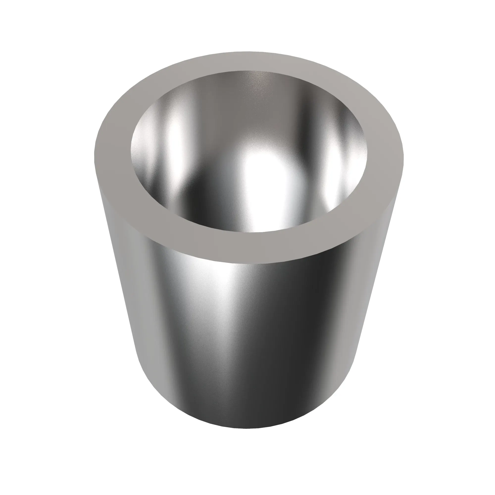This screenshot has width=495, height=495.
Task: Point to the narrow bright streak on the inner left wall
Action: click(177, 144)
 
